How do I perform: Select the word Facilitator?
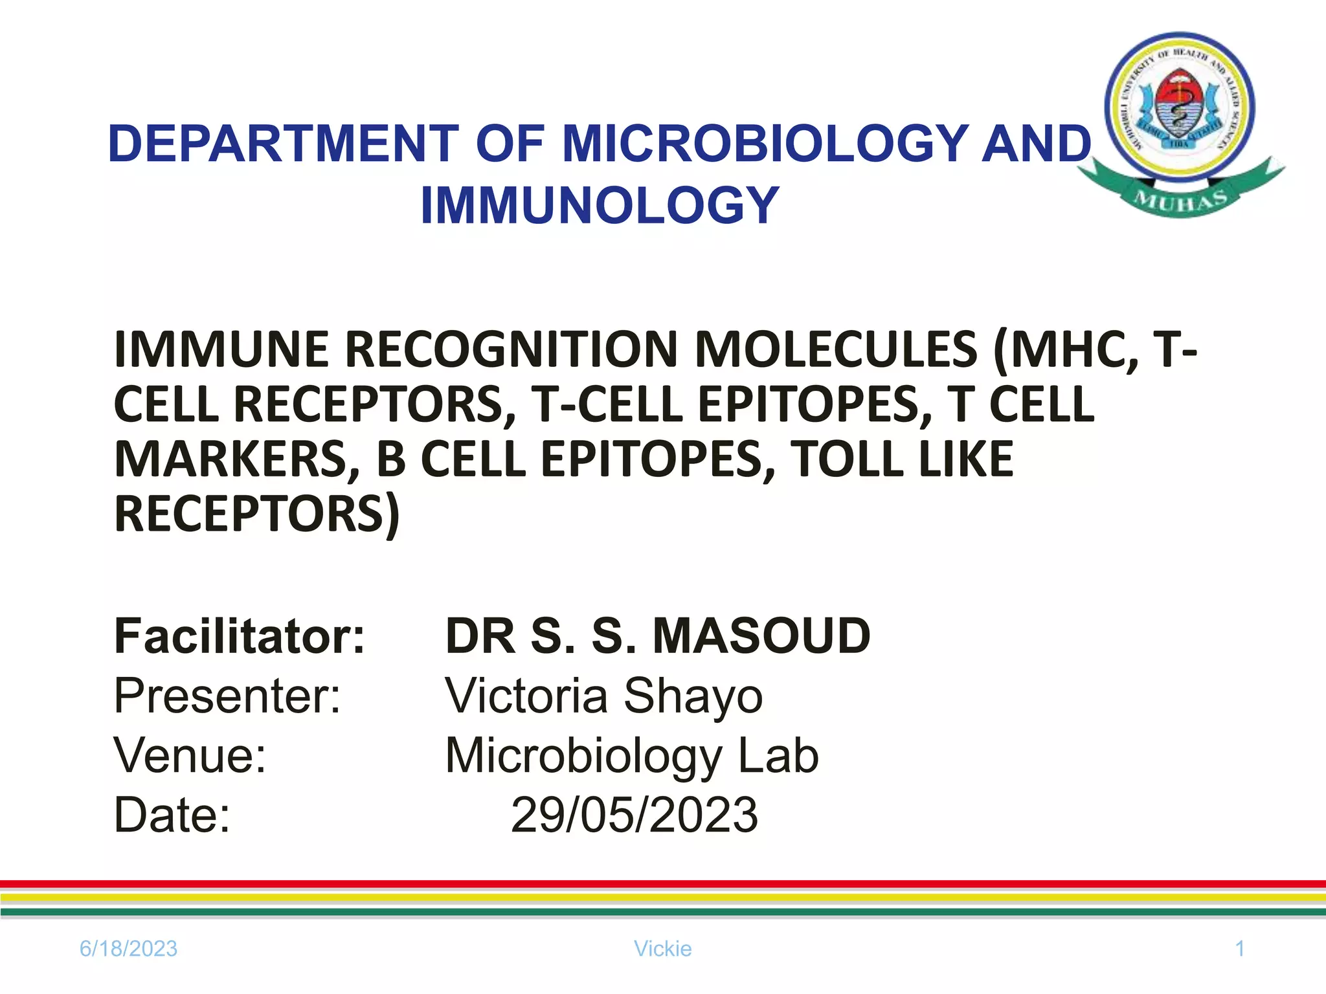pos(240,637)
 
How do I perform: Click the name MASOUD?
pos(761,637)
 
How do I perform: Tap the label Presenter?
pos(227,696)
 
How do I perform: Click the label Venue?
pos(190,756)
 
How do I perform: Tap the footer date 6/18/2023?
pos(128,949)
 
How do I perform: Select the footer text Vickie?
pos(662,949)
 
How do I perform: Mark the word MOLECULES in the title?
pos(835,350)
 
